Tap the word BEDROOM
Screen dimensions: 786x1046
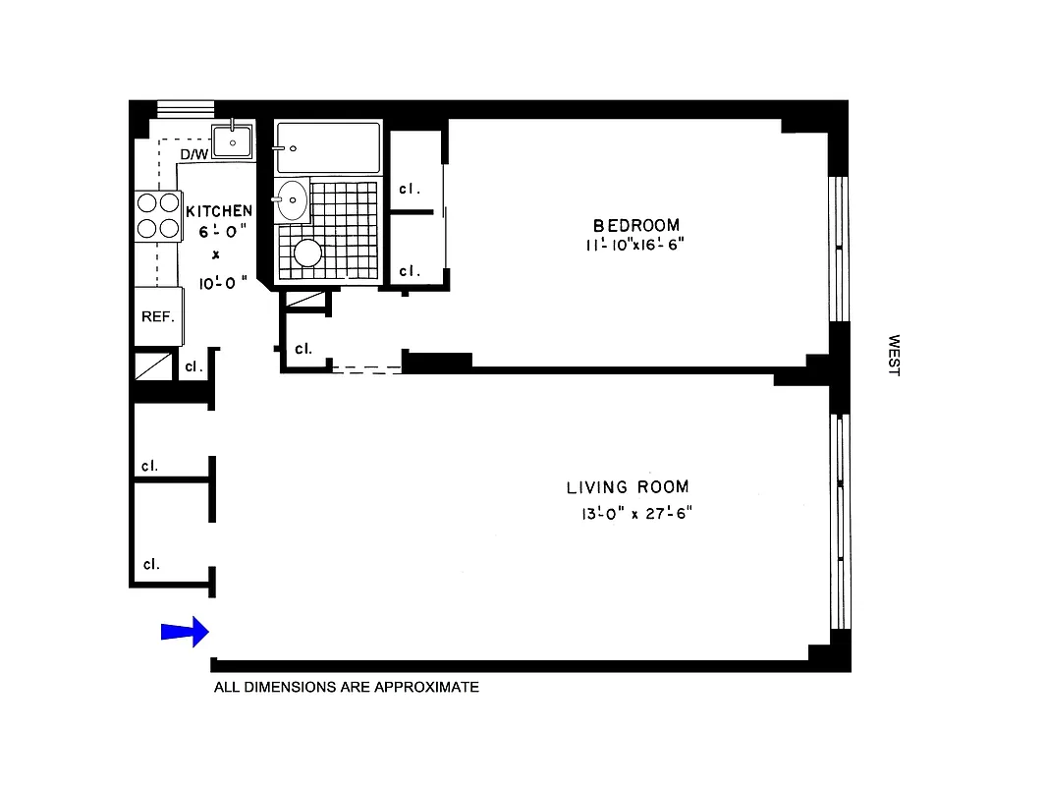tap(635, 225)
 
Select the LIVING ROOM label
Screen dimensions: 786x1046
tap(627, 486)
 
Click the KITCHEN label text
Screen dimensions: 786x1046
tap(219, 210)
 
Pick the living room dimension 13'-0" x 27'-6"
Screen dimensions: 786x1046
tap(635, 513)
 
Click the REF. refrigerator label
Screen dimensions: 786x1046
tap(157, 316)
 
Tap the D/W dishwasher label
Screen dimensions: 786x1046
tap(193, 155)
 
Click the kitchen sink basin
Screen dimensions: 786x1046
tap(233, 142)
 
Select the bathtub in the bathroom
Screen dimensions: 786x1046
tap(327, 147)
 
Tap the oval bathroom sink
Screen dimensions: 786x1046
tap(292, 200)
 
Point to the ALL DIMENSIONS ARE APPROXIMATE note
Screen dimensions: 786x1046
tap(346, 688)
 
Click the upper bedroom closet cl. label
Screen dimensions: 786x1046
tap(409, 189)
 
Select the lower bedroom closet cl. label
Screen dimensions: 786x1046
tap(409, 270)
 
